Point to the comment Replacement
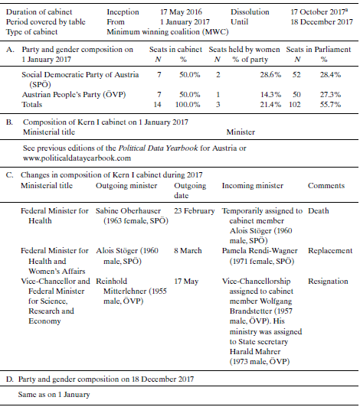point(330,250)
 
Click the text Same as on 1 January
point(57,395)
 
